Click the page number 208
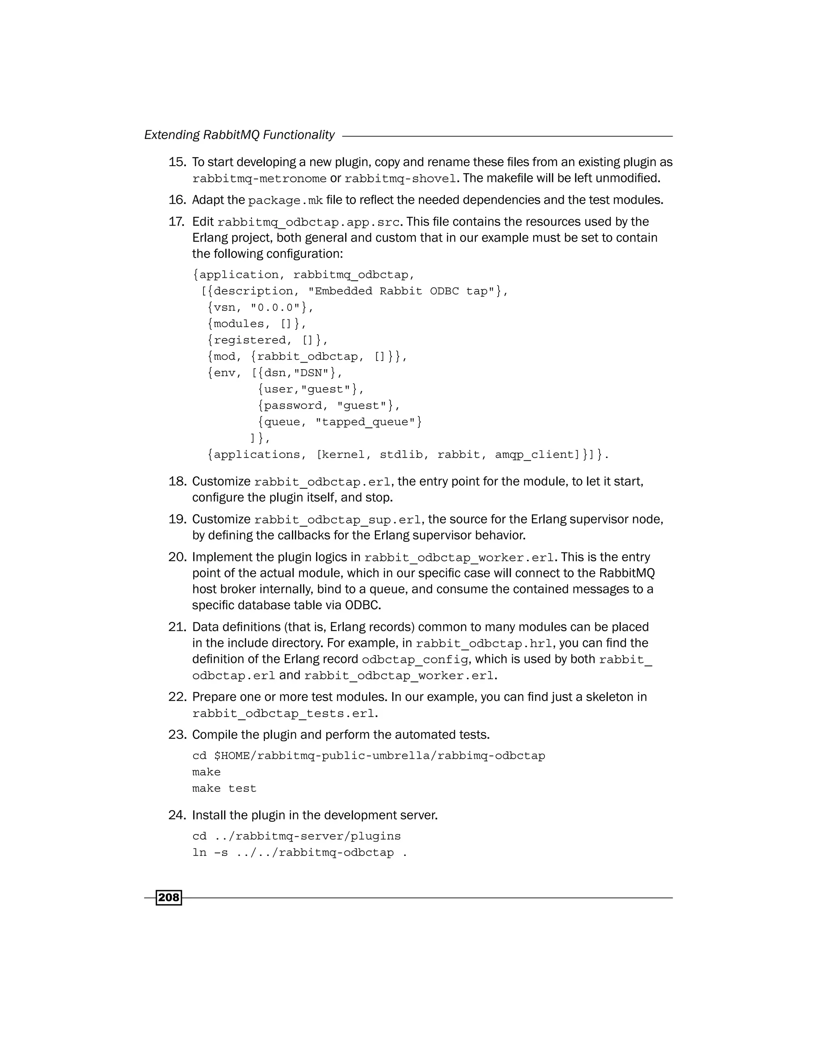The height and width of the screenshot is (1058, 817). (168, 898)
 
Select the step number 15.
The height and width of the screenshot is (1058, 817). (177, 162)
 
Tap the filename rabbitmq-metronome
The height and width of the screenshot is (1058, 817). (259, 179)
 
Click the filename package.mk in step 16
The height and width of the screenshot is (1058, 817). (285, 200)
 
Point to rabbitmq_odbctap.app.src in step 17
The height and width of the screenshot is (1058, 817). (309, 222)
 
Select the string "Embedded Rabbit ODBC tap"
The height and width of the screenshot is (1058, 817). (401, 291)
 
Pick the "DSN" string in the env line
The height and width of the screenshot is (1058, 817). (311, 373)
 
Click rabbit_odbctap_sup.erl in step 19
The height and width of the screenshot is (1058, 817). (338, 520)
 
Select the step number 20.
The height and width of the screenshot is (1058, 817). (177, 557)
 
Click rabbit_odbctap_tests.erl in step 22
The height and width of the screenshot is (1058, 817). (283, 713)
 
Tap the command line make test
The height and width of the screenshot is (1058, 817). (224, 789)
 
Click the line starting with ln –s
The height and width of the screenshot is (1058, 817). (299, 853)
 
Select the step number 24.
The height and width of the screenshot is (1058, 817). (177, 815)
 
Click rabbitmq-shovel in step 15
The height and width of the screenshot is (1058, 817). (400, 179)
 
